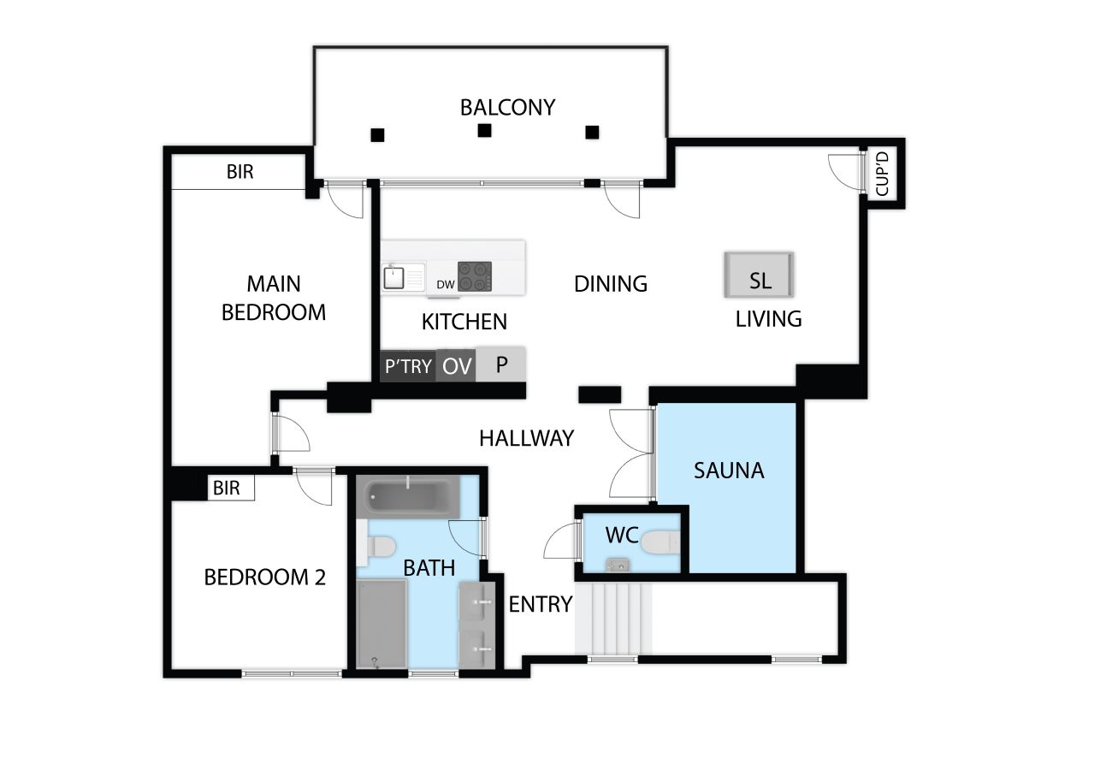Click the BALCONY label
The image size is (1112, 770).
tap(507, 108)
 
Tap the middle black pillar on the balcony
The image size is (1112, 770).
tap(484, 131)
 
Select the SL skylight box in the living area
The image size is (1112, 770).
tap(759, 275)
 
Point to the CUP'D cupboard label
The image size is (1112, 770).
tap(882, 174)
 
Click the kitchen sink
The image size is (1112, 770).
tap(394, 277)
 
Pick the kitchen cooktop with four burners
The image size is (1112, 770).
tap(475, 276)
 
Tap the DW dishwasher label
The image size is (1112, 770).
tap(446, 284)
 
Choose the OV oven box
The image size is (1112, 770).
tap(456, 365)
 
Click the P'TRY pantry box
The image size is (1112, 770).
tap(408, 366)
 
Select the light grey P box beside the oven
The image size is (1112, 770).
tap(500, 364)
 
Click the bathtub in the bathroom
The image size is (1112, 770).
tap(409, 496)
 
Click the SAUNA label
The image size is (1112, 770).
tap(729, 471)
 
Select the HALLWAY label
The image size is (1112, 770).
tap(527, 438)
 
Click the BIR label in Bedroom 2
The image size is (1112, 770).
tap(227, 488)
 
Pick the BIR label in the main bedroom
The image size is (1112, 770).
tap(240, 172)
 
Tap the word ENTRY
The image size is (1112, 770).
tap(541, 604)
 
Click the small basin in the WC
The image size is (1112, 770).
tap(618, 565)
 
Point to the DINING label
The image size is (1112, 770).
tap(611, 284)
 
